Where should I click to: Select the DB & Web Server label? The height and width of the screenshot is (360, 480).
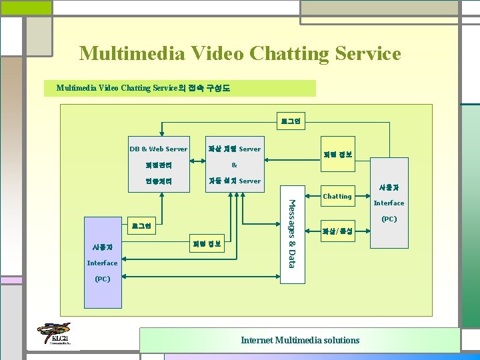158,149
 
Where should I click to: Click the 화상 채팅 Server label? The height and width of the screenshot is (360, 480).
234,149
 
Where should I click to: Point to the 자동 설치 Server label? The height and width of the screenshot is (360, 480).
234,181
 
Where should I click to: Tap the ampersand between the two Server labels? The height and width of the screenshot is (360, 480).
234,165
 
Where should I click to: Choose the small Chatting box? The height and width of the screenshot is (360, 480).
337,196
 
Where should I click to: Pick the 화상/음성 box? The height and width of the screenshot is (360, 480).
337,232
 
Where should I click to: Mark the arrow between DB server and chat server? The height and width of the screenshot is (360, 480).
197,149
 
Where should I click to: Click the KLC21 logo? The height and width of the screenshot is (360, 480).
53,335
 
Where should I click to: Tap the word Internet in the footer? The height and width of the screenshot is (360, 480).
256,340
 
